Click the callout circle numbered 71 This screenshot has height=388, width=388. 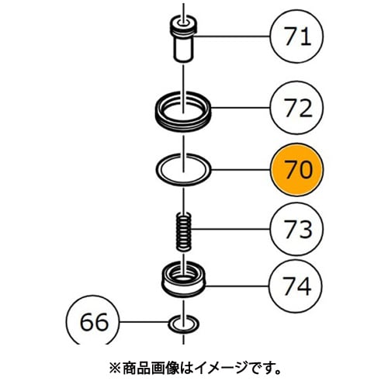[296, 36]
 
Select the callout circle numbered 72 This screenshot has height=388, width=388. [296, 108]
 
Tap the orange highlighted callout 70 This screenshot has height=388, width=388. [296, 170]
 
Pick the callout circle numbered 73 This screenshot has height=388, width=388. [296, 229]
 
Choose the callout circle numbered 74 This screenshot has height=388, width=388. [296, 286]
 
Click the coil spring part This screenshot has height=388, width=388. [184, 231]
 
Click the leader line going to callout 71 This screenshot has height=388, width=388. [231, 36]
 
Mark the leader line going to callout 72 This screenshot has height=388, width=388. [241, 108]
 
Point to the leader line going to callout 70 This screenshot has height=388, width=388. [241, 170]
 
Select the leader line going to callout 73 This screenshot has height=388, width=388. [230, 229]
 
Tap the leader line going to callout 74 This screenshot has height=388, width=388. [237, 286]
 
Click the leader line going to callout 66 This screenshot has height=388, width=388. [144, 322]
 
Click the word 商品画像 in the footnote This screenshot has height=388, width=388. [151, 369]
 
